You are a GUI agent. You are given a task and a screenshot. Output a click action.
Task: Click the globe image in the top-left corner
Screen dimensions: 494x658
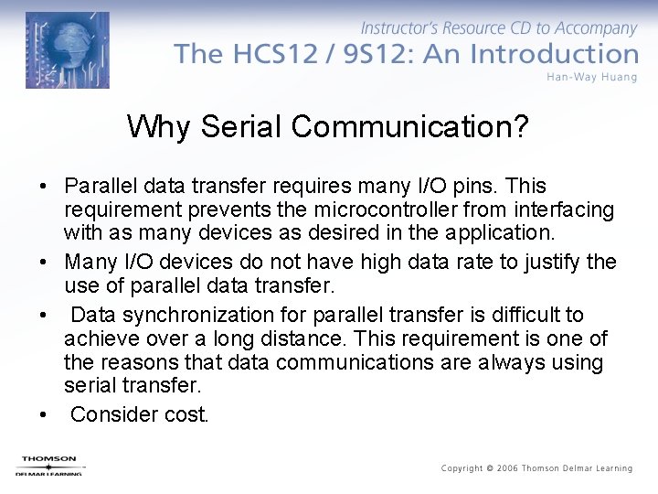(67, 49)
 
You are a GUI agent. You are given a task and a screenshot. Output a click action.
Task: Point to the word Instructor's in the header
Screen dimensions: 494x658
(403, 29)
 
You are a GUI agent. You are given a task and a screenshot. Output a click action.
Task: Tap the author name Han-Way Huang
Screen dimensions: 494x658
(591, 77)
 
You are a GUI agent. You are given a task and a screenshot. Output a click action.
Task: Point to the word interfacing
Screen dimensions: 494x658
(566, 209)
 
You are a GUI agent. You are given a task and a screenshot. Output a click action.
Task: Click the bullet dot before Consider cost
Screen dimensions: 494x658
(44, 415)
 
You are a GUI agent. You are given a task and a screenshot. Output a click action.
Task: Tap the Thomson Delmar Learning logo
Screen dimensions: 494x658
(48, 465)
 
